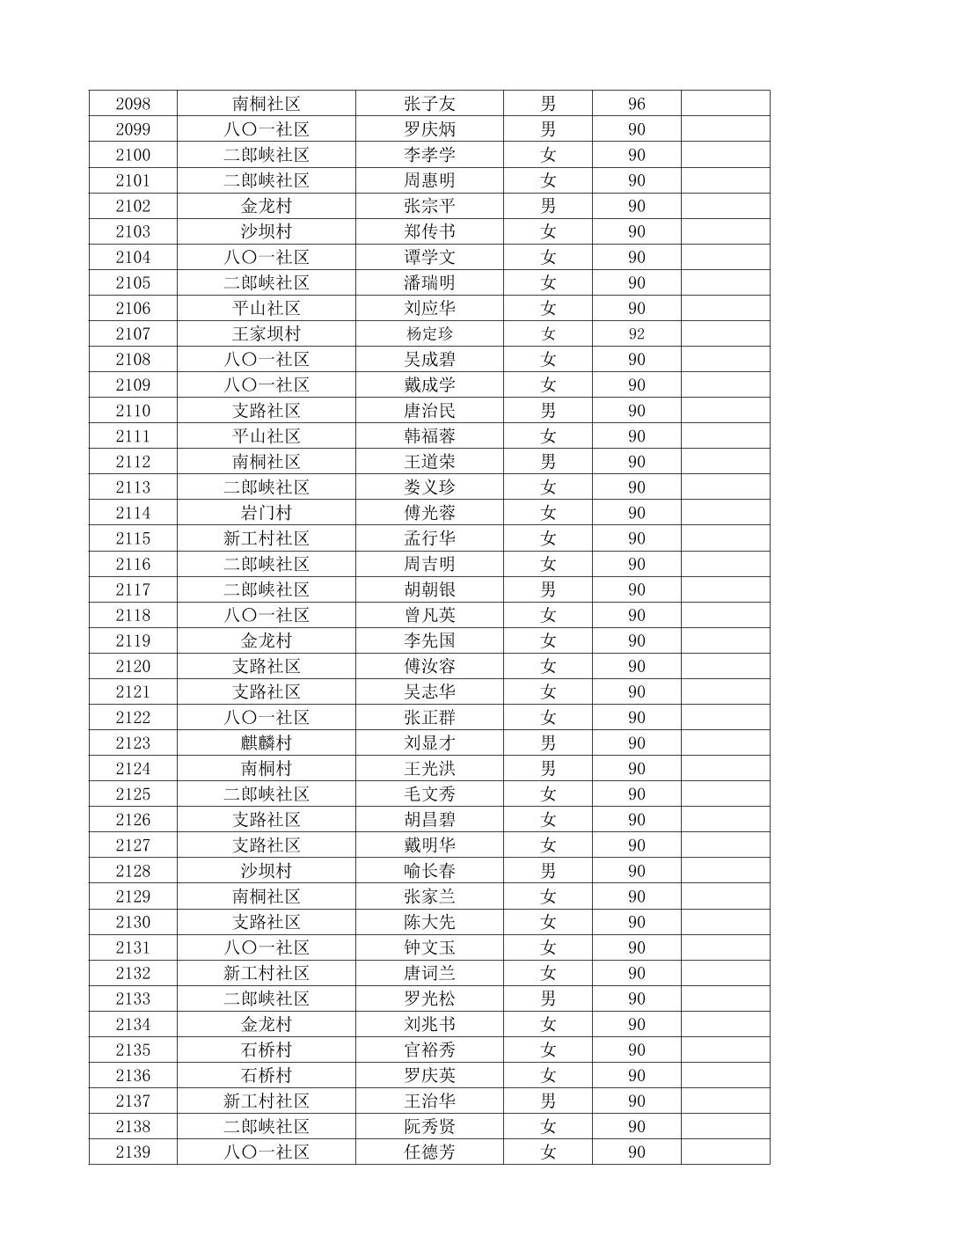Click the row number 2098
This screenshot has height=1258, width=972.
tap(133, 104)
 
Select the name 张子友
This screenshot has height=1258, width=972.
tap(429, 104)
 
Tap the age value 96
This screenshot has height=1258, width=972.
tap(636, 104)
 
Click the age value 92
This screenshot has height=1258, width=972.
tap(636, 334)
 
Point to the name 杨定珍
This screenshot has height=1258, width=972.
tap(429, 334)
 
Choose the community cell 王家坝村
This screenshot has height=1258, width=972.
tap(266, 334)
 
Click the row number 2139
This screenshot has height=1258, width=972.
tap(133, 1152)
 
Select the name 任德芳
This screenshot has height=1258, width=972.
tap(429, 1152)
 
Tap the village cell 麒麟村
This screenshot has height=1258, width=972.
tap(266, 743)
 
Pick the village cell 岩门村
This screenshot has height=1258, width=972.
tap(266, 513)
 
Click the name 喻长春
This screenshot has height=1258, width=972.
tap(429, 871)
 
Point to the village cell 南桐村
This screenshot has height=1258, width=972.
tap(266, 769)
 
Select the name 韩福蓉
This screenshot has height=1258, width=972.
tap(429, 436)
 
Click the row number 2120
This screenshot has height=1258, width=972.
tap(133, 666)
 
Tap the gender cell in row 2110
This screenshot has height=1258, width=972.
tap(548, 411)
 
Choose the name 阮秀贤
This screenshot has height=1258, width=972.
tap(429, 1127)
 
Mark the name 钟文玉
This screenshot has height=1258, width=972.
tap(429, 947)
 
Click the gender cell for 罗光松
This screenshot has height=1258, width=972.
tap(548, 998)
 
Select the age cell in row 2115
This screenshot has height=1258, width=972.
tap(636, 538)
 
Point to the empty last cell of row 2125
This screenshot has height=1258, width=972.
tap(725, 794)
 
